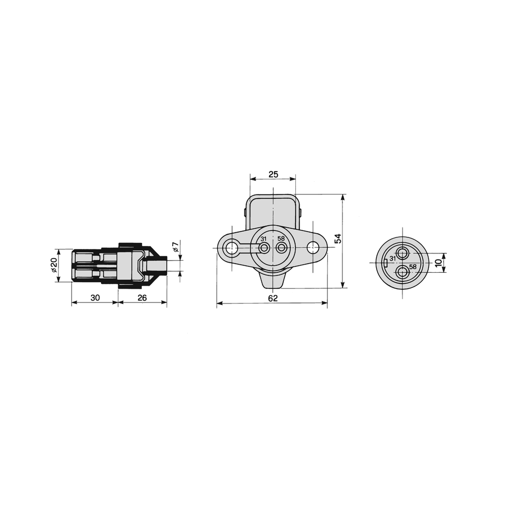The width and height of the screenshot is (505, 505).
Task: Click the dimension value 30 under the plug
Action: (95, 297)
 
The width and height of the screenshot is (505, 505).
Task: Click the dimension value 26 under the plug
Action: (142, 297)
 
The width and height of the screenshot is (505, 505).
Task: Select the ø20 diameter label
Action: (54, 265)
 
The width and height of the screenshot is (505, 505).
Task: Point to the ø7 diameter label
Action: (176, 247)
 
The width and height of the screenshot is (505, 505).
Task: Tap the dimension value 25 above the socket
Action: (273, 175)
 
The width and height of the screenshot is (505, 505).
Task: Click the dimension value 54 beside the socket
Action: (337, 239)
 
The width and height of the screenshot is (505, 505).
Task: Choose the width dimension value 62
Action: (273, 298)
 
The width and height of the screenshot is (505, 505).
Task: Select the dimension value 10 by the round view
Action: (438, 263)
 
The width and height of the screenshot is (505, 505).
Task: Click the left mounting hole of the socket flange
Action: (231, 248)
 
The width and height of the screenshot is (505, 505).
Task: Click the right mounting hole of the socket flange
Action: (313, 248)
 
